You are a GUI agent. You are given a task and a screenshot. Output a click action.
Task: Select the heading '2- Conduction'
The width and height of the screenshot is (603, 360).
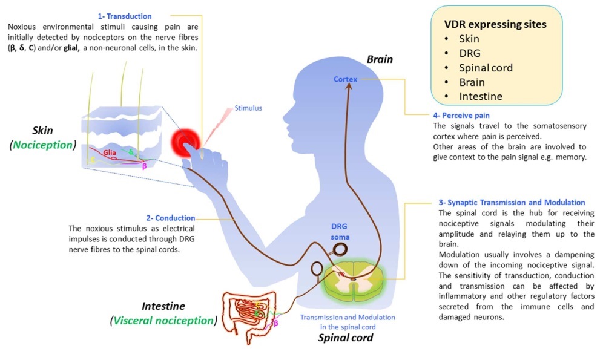click(x=170, y=218)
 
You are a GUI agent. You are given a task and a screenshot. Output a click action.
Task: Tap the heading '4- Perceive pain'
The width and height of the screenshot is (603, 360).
click(x=461, y=115)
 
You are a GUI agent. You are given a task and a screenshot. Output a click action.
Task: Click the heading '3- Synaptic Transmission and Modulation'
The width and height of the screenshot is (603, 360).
click(x=512, y=202)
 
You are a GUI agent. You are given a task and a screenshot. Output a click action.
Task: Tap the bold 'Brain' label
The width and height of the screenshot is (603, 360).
click(x=380, y=59)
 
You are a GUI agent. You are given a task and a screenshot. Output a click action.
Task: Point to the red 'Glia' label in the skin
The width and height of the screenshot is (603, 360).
click(x=110, y=153)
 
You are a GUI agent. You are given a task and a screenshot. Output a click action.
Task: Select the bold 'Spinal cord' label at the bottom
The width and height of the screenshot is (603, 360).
click(x=346, y=338)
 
